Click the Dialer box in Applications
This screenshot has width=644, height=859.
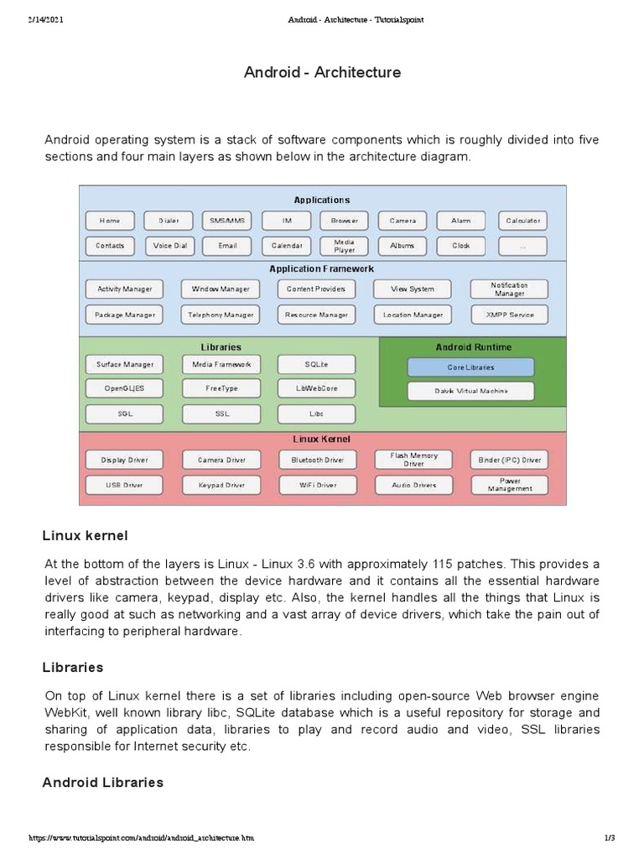click(x=169, y=221)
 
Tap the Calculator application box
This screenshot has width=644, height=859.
click(x=522, y=221)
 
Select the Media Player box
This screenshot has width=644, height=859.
click(x=344, y=246)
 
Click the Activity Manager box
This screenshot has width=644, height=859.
click(x=125, y=289)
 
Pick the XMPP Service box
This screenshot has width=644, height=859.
click(x=509, y=315)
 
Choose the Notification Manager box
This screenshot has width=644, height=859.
click(x=509, y=289)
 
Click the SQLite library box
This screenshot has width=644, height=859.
click(x=316, y=364)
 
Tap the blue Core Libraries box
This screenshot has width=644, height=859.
click(x=470, y=367)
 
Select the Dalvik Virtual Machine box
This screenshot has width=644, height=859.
click(x=470, y=391)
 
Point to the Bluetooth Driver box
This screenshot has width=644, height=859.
click(x=317, y=460)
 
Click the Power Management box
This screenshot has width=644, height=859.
click(x=509, y=485)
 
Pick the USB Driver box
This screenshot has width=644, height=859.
click(x=124, y=485)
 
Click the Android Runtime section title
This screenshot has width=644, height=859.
click(x=473, y=346)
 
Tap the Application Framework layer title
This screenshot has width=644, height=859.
click(x=321, y=268)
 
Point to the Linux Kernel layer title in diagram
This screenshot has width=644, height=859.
click(x=321, y=439)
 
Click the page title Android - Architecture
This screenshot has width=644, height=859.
click(x=322, y=72)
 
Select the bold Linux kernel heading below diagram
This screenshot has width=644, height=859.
click(x=85, y=535)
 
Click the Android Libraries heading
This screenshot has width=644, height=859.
click(x=102, y=782)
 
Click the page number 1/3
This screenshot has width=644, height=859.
click(x=610, y=838)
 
